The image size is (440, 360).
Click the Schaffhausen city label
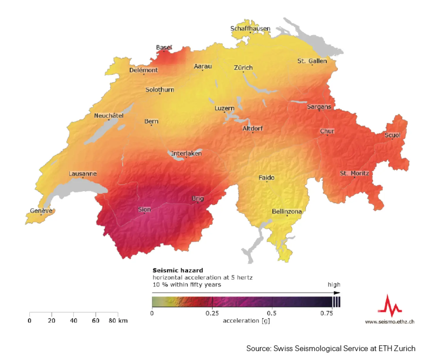pos(250,28)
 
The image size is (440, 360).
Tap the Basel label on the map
pos(164,47)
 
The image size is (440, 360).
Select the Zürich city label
pos(243,67)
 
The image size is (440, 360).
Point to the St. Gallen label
pos(312,61)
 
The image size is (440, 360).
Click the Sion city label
pos(144,209)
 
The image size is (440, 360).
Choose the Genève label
pos(41,211)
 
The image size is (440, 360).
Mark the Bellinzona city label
pos(287,211)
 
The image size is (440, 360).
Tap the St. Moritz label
pos(354,173)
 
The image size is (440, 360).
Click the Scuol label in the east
pos(392,135)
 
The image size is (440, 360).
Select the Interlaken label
pos(186,153)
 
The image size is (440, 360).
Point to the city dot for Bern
pos(151,125)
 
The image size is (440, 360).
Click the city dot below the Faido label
pos(267,182)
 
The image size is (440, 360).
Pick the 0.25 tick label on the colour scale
pos(212,313)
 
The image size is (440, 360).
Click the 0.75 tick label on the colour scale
pos(326,313)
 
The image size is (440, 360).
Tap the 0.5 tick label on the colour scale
pos(272,313)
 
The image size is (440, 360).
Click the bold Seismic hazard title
pos(178,270)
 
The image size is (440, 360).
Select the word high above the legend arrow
pos(334,285)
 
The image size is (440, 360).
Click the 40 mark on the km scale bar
pos(74,321)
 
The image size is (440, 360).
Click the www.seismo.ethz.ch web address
pos(390,322)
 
